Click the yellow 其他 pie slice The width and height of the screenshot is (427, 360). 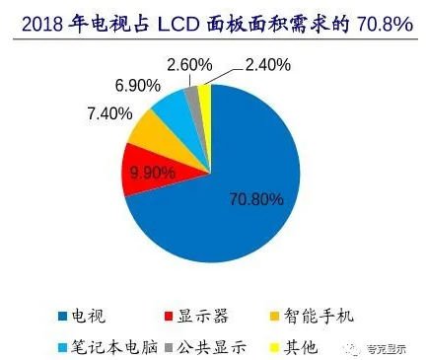[205, 95]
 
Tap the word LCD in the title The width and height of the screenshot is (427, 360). [196, 21]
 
